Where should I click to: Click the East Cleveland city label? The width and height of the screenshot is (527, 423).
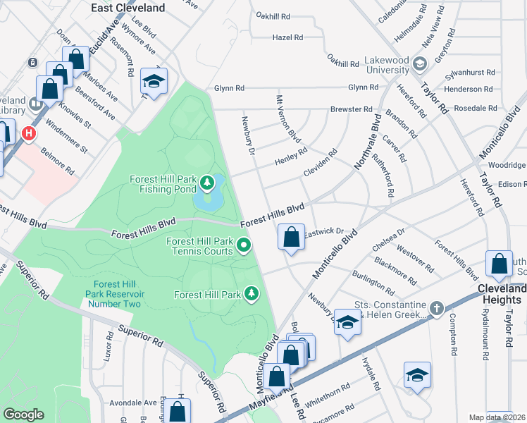pos(129,8)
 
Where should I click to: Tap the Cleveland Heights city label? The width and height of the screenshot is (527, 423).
pos(501,294)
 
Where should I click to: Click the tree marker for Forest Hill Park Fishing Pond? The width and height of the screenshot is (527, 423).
pos(207,185)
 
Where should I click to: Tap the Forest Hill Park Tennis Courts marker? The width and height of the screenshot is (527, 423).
pos(244,246)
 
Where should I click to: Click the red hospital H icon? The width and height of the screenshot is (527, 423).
pos(29,133)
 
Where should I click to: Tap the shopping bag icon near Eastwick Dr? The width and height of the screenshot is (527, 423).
pos(291,238)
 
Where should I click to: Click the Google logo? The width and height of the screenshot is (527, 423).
pos(24,414)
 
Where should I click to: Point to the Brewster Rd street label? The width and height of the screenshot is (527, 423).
pos(352,110)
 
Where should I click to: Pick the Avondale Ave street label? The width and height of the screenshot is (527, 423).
pos(140,403)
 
